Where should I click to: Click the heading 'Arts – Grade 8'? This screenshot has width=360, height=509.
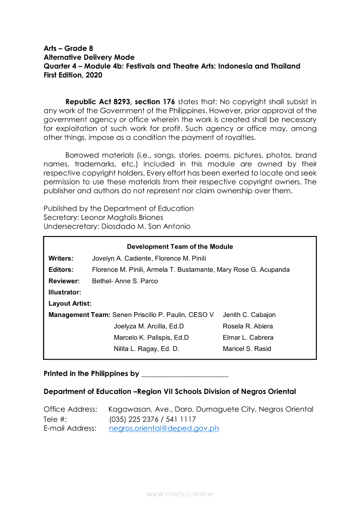tap(68, 48)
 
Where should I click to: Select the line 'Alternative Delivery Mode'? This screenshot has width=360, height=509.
tap(89, 57)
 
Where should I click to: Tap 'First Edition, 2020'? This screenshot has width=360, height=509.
tap(73, 75)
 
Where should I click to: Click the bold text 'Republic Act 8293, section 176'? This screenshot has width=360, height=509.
tap(120, 102)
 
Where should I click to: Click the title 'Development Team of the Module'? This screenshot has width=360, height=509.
tap(180, 247)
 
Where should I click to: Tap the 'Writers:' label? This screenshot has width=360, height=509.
tap(61, 258)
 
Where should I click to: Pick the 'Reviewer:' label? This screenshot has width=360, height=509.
tap(64, 281)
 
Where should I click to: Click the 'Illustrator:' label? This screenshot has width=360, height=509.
tap(65, 292)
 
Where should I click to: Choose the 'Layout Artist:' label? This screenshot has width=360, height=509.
tap(70, 303)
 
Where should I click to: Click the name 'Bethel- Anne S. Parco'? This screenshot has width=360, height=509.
tap(125, 281)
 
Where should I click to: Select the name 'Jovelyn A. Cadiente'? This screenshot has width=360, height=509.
tap(121, 258)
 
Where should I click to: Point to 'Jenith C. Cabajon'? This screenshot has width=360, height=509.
tap(249, 315)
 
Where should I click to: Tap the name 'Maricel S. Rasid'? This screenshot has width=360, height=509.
tap(247, 349)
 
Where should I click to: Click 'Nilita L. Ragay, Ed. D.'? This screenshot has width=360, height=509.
tap(146, 349)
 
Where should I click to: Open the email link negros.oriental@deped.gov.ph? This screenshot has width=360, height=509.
tap(164, 428)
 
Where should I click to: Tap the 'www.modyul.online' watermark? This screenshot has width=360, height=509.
tap(180, 494)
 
